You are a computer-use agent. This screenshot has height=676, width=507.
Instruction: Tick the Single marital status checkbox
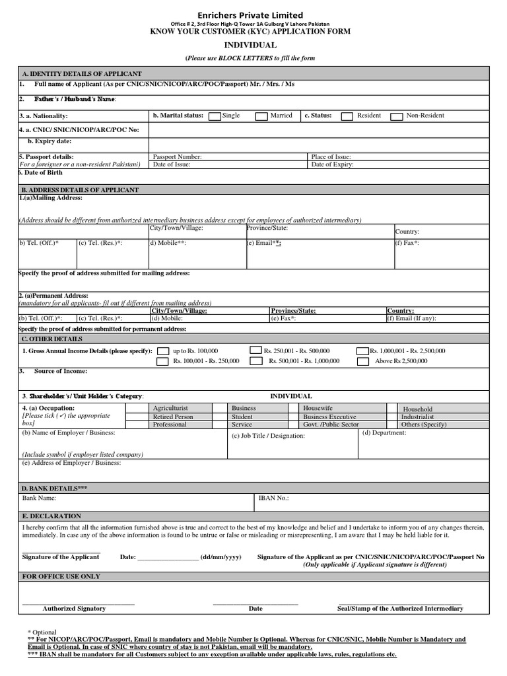coord(215,116)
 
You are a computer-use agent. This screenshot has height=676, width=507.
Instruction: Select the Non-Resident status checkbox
coord(397,116)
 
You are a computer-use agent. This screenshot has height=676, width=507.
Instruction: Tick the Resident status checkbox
coord(347,116)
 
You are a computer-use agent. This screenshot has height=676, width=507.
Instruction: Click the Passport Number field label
coord(177,157)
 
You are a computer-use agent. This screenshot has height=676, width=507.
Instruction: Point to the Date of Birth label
coord(41,172)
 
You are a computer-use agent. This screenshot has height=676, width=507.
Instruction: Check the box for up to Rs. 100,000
coord(162,351)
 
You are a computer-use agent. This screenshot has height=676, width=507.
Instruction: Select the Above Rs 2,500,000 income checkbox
coord(363,362)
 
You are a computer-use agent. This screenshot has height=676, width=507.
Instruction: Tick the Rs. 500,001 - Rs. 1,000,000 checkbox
coord(254,362)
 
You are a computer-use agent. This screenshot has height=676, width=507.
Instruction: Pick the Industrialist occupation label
coord(419,417)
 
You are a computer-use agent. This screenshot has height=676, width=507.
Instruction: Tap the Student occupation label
coord(242,417)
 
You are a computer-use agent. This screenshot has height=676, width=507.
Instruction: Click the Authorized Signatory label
coord(74,608)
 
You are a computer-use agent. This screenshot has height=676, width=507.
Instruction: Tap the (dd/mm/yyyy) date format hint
coord(221,557)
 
